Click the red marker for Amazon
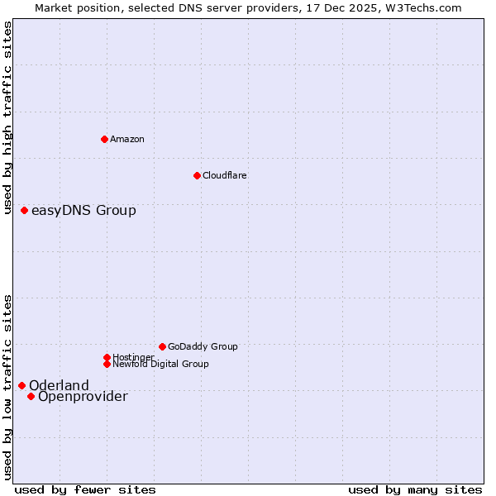click(x=104, y=139)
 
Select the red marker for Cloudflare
click(x=197, y=175)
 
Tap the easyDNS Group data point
click(x=25, y=211)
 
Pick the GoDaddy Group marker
click(x=162, y=346)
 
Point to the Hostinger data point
click(x=107, y=357)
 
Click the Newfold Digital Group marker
click(x=107, y=364)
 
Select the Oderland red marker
click(x=22, y=385)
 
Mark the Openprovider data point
click(x=31, y=396)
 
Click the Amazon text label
click(x=127, y=139)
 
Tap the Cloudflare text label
click(x=225, y=175)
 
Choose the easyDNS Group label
click(x=83, y=211)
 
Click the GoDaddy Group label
click(x=203, y=346)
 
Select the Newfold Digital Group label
click(x=160, y=364)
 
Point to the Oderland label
click(x=59, y=385)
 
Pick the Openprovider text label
click(x=83, y=397)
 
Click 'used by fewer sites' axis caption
click(x=85, y=489)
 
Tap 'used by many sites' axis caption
click(x=415, y=489)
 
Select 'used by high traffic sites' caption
click(x=8, y=117)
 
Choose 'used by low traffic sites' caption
click(x=8, y=386)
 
